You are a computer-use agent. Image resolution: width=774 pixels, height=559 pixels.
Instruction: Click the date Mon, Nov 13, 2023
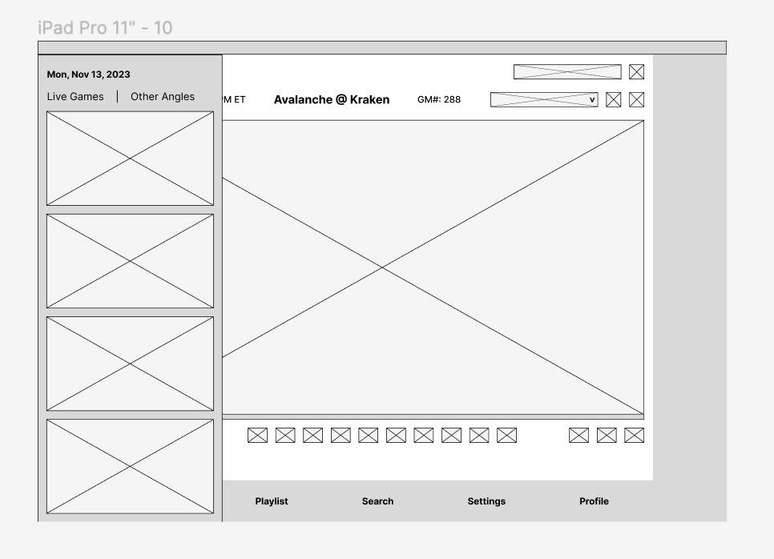pos(88,74)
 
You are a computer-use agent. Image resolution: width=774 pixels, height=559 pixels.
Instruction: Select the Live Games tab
pos(75,97)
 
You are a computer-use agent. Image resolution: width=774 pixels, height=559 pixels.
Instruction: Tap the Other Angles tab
pos(163,97)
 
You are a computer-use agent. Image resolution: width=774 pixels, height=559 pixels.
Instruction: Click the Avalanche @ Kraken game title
pos(332,99)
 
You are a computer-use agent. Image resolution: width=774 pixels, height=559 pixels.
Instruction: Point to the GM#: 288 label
pos(439,100)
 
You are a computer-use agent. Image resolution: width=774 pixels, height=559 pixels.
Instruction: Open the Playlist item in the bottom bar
pos(272,501)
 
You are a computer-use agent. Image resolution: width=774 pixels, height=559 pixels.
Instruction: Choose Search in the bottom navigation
pos(377,501)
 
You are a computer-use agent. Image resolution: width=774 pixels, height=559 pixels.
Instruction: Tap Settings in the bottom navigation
pos(486,501)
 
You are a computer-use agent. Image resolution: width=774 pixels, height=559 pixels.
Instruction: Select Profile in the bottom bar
pos(594,501)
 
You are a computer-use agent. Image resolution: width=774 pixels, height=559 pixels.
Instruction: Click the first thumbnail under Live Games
pos(130,159)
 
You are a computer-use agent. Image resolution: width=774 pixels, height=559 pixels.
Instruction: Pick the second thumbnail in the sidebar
pos(130,261)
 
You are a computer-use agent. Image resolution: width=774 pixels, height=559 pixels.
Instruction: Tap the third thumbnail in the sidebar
pos(130,364)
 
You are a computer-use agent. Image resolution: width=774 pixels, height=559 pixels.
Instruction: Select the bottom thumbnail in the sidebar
pos(130,466)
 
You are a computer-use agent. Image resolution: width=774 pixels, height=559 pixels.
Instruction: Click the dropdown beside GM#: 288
pos(544,99)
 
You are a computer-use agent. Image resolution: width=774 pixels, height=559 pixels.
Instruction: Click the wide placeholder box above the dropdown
pos(567,72)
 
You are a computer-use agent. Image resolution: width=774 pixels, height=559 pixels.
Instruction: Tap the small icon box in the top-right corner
pos(637,72)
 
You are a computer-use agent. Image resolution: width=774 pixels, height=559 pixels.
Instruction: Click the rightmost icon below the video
pos(634,435)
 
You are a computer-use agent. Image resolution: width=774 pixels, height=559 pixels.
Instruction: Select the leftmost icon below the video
pos(257,435)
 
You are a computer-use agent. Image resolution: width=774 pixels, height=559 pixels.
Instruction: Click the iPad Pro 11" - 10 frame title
pos(105,28)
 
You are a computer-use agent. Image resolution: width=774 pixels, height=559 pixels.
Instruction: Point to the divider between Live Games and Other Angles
pos(117,97)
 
